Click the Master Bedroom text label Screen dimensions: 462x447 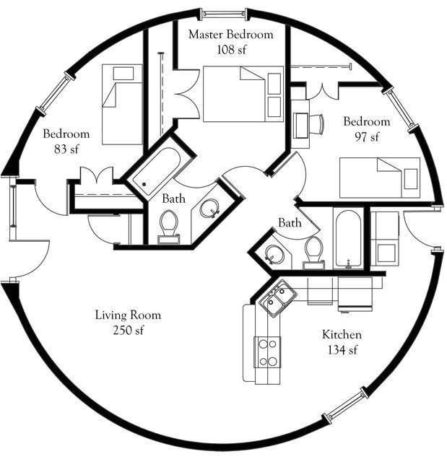tap(231, 35)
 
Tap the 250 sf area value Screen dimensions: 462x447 tap(128, 331)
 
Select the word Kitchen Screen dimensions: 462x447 tap(342, 336)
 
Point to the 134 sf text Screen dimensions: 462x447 tap(342, 351)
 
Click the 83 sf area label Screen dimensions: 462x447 tap(66, 149)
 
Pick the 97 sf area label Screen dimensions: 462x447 tap(366, 136)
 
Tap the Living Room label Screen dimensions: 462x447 tap(128, 315)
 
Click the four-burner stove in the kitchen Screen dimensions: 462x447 tap(268, 352)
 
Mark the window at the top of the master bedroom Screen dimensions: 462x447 tap(223, 12)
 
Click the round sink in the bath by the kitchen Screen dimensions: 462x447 tap(274, 255)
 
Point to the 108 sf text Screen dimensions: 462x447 tap(231, 50)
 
